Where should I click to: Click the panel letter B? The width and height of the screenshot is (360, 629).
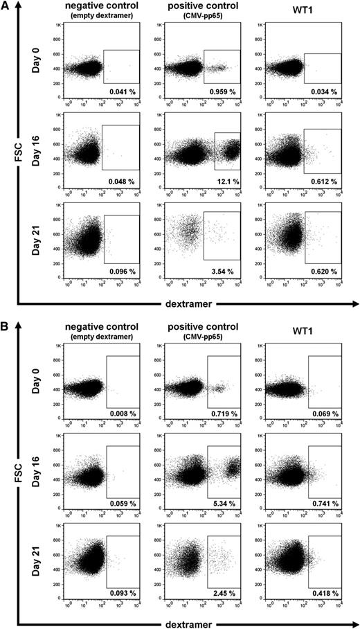tap(7, 329)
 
